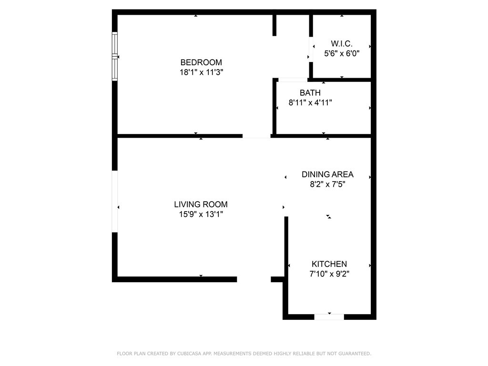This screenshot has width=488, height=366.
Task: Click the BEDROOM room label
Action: tap(201, 62)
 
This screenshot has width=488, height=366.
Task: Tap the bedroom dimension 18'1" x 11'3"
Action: tap(202, 72)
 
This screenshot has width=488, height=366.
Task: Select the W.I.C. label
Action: tap(342, 43)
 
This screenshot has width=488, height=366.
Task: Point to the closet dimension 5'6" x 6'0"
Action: tap(342, 53)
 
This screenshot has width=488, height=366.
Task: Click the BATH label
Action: tap(310, 93)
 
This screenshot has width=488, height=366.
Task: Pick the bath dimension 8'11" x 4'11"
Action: tap(310, 102)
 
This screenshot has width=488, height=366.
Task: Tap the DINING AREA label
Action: tap(327, 174)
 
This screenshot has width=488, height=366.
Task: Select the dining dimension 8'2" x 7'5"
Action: tap(327, 184)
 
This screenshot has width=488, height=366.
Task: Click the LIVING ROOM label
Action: tap(201, 204)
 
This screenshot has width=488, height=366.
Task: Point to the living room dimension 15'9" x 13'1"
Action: tap(201, 214)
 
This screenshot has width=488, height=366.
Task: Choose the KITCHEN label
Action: tap(329, 264)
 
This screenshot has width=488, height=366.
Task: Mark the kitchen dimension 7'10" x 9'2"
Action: tap(329, 274)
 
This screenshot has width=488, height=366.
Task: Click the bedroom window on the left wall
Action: tap(115, 56)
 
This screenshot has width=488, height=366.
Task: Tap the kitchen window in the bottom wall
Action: tap(329, 317)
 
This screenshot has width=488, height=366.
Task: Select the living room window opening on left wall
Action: tap(115, 202)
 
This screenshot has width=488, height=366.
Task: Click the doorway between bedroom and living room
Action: tap(256, 136)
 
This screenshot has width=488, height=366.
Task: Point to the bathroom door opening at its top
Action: tap(293, 80)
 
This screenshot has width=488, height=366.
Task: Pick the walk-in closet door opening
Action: tap(311, 50)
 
